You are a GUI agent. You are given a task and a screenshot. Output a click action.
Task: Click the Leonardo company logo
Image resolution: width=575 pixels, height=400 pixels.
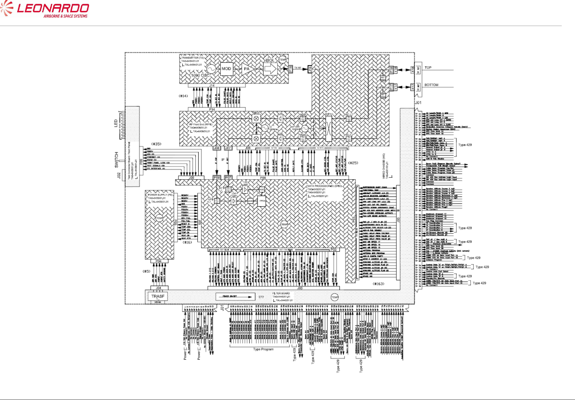tap(45, 9)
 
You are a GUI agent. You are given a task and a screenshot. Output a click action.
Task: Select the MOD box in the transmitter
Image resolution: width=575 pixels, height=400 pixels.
tap(226, 69)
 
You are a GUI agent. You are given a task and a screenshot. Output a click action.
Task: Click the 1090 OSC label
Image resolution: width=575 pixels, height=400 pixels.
tap(200, 75)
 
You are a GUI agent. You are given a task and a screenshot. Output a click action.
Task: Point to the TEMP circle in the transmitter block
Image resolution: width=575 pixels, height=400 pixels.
tap(283, 60)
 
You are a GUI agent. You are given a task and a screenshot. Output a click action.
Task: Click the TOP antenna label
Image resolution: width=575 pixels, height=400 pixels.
tap(428, 68)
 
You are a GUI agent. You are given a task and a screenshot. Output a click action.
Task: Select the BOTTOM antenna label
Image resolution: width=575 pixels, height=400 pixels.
tap(431, 85)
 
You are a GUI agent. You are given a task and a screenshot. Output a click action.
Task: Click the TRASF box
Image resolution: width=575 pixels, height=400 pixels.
tap(158, 296)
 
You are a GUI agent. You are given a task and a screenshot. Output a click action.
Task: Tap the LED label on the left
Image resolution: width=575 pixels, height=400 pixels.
tap(116, 123)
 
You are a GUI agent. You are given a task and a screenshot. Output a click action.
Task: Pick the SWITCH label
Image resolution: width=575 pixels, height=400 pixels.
tap(116, 160)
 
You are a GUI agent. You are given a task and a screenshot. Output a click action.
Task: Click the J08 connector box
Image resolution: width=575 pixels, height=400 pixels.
tap(216, 148)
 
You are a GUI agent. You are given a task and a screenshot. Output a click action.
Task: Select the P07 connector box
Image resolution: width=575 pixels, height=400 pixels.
tap(228, 177)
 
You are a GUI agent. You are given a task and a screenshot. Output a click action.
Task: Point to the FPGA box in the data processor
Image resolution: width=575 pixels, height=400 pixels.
tap(262, 201)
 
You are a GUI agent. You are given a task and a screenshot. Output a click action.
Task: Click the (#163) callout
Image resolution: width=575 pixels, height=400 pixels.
tap(378, 284)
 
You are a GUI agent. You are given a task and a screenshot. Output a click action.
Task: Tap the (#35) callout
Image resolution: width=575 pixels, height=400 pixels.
tap(156, 144)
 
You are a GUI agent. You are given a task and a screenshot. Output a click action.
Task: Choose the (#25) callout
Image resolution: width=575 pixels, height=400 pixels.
tap(353, 163)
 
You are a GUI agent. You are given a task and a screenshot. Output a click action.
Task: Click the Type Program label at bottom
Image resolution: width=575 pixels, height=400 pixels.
tap(263, 349)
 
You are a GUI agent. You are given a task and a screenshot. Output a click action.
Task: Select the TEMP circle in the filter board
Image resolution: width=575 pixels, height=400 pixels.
tap(335, 297)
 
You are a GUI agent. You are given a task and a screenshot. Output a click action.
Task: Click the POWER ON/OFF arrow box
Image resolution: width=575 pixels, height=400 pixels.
tap(235, 296)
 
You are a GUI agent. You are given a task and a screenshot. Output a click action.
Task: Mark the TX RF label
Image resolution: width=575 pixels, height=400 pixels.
tap(298, 68)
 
